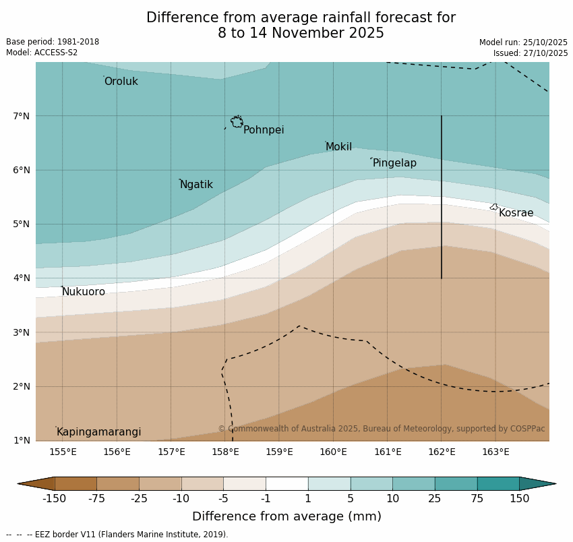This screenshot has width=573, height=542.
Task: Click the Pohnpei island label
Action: point(263,130)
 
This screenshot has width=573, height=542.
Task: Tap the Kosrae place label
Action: point(516,213)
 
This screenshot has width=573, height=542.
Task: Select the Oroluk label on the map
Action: point(121,82)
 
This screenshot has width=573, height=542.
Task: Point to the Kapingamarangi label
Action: point(98,432)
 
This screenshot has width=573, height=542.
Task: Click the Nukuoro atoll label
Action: point(84,292)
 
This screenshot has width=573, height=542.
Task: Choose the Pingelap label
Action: point(394,163)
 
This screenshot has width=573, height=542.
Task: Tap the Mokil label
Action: point(338,147)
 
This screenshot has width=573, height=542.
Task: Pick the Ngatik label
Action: point(196,185)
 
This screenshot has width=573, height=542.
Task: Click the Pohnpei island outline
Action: point(237,122)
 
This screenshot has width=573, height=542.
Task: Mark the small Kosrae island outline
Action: point(494,207)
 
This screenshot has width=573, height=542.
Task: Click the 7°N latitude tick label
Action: point(21,116)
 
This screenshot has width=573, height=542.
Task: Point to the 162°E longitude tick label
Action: point(442,452)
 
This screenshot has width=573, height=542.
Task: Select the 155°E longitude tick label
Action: point(63,452)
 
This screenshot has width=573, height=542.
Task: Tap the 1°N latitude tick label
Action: point(21,441)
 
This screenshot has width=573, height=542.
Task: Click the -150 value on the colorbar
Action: point(54,499)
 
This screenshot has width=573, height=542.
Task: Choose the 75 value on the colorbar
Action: point(477,499)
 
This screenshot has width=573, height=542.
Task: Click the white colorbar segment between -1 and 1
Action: point(286,483)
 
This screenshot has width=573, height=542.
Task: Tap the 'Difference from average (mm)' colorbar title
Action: point(286,517)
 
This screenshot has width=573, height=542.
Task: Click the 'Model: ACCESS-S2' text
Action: point(42,53)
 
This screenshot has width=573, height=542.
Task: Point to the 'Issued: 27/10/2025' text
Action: point(530,53)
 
